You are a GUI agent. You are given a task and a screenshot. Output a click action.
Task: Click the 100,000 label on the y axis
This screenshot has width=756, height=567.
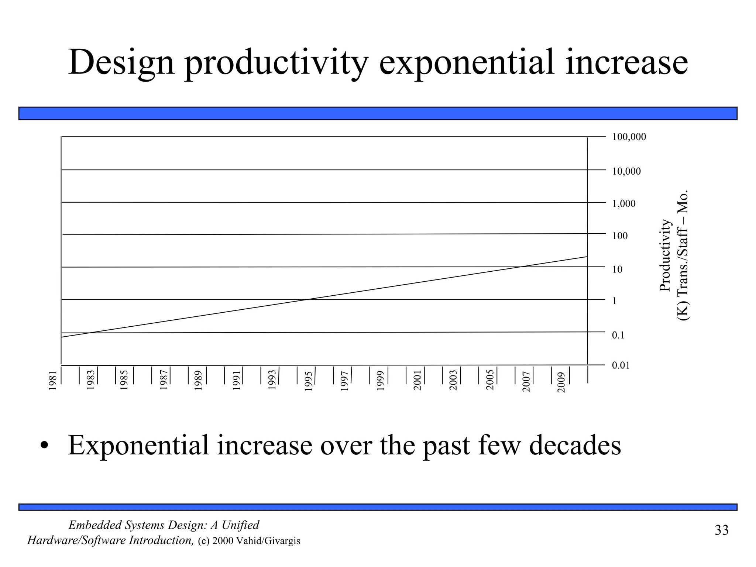629,137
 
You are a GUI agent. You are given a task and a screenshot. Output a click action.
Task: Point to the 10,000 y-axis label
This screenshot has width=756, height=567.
626,171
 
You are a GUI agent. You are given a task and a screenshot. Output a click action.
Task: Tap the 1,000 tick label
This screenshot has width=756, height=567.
624,204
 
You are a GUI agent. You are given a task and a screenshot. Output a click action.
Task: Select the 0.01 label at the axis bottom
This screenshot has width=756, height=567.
621,365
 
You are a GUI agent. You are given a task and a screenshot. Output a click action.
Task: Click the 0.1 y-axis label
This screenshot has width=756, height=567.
618,335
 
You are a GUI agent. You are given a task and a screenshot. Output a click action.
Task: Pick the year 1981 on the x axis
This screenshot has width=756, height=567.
53,381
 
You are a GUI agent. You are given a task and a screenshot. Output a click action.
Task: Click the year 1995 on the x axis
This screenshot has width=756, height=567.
309,381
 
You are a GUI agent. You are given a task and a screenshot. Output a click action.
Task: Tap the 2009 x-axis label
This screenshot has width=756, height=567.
561,382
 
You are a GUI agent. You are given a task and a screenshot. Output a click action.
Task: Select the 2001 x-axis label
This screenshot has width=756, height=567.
417,381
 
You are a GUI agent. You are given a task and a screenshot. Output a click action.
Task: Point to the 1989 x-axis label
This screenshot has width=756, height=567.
199,381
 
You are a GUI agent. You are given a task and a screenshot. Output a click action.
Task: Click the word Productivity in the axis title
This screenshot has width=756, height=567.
664,255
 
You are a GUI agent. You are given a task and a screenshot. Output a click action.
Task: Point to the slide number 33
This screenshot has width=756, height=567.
721,530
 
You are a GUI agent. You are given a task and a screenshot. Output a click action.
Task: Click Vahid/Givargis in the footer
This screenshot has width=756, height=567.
268,541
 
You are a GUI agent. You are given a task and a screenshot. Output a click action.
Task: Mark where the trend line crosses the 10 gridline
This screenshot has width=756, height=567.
520,267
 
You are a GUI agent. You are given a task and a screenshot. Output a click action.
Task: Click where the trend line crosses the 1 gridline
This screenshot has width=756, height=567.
308,299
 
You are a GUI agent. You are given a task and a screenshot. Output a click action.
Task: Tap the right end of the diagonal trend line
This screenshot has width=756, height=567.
587,256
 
